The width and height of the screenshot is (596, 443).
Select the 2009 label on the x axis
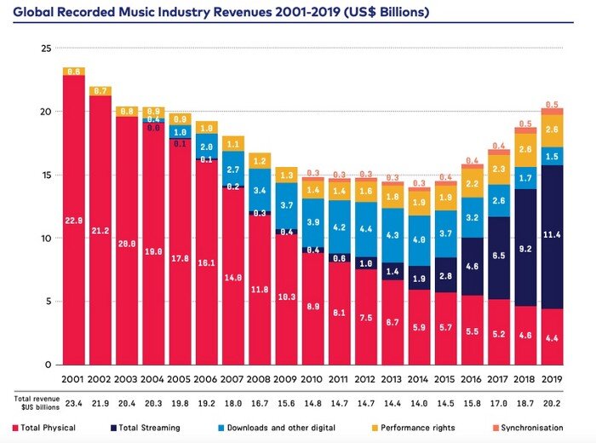[x=284, y=378]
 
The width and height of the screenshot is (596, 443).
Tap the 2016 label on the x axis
[x=469, y=378]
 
